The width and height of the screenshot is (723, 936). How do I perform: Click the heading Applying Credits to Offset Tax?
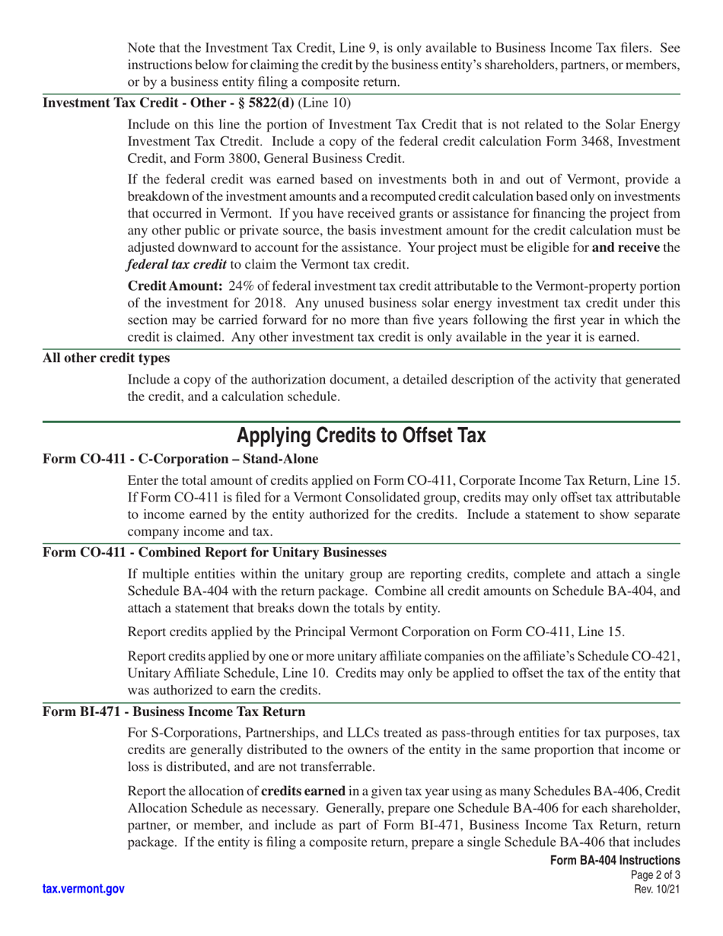(361, 436)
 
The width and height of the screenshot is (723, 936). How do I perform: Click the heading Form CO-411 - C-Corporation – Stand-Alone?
(180, 459)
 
